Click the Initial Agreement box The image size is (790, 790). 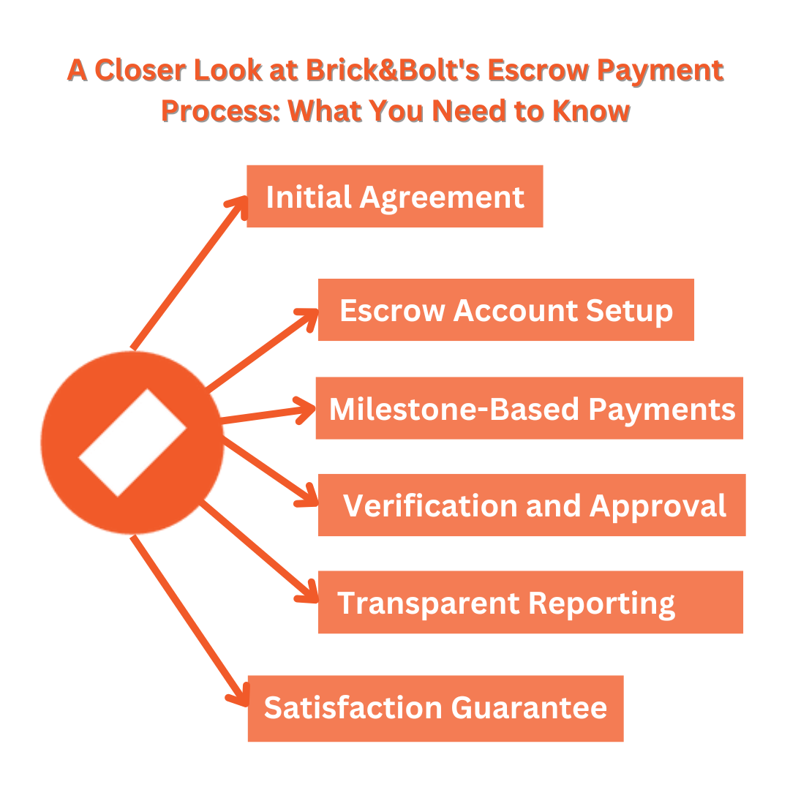[x=394, y=196]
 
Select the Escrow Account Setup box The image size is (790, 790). [x=506, y=309]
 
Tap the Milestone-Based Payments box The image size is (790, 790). [x=529, y=407]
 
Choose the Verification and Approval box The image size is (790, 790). [x=532, y=505]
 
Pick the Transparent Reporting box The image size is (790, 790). [x=530, y=601]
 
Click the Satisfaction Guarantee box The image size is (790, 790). [x=435, y=708]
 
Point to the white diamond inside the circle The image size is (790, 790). [x=132, y=443]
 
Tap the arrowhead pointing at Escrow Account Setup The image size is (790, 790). [x=309, y=317]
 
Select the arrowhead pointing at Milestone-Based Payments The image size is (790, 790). [x=306, y=410]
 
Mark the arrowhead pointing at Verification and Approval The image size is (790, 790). [x=309, y=496]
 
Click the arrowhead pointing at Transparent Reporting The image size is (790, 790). [x=309, y=592]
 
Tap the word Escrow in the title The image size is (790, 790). [x=538, y=69]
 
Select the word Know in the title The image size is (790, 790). [x=592, y=110]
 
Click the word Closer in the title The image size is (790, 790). [x=140, y=69]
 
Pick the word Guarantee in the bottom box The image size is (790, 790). [x=529, y=707]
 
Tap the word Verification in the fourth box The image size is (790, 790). [x=430, y=505]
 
